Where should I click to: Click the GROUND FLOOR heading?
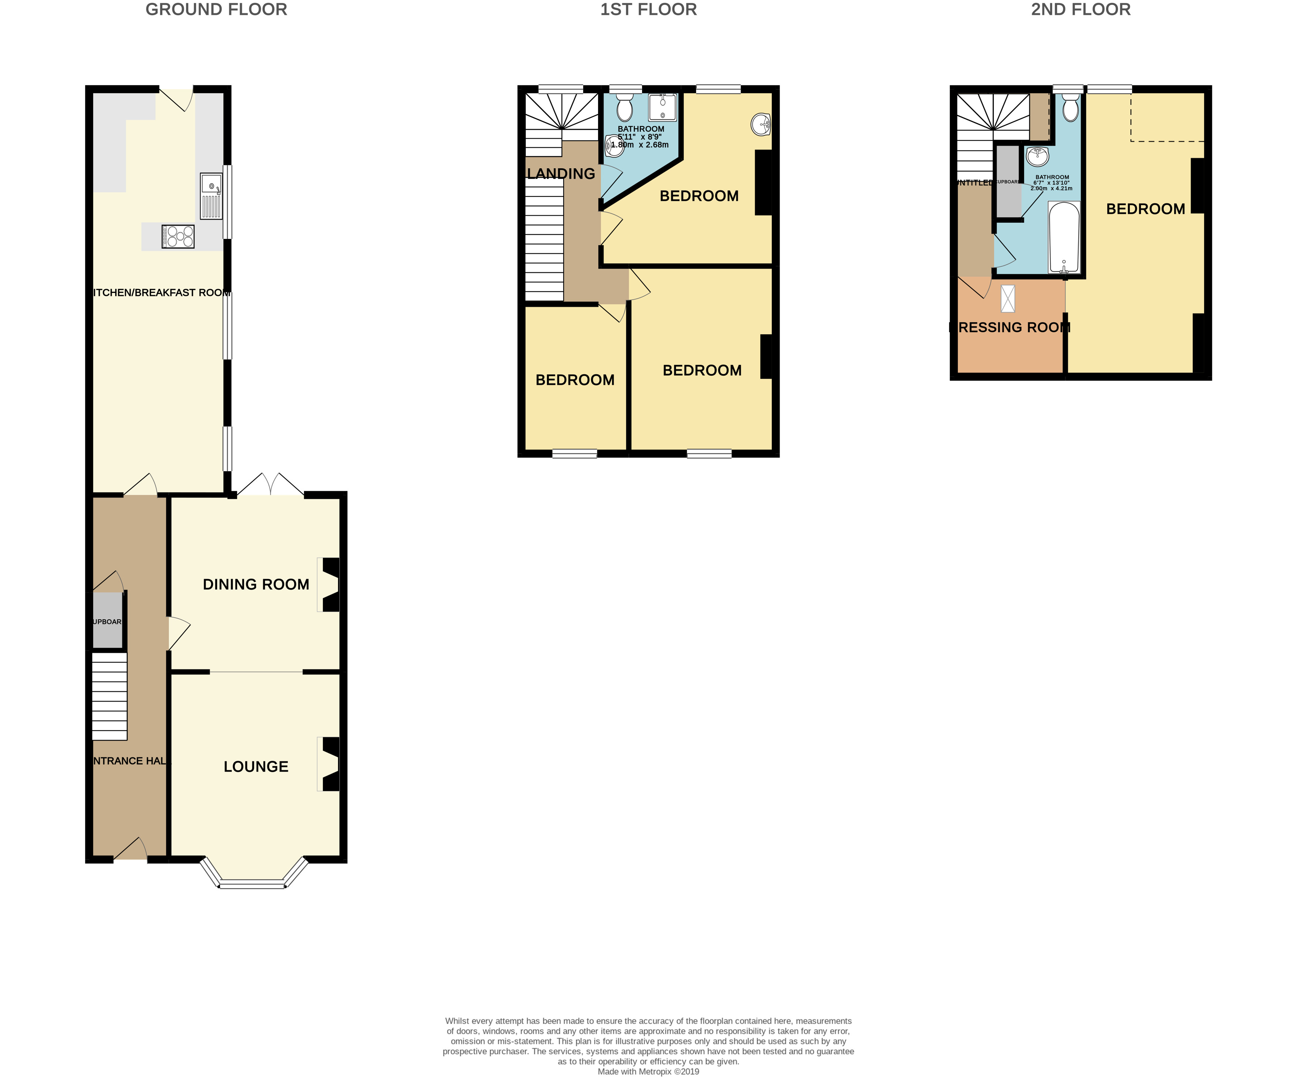(216, 10)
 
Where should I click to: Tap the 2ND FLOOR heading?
(1080, 10)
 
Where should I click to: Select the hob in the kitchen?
(178, 237)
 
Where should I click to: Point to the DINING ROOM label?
(256, 584)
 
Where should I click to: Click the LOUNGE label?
(256, 766)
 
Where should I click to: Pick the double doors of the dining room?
(270, 485)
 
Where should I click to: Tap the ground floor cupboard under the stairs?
(108, 621)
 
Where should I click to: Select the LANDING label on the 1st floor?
(561, 174)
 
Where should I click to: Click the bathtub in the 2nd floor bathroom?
(1064, 238)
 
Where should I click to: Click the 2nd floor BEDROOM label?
(1145, 209)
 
